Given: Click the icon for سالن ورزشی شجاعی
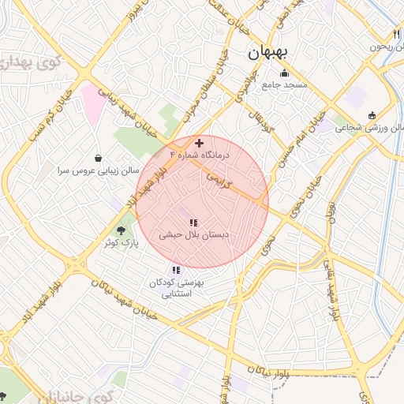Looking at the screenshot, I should [372, 116].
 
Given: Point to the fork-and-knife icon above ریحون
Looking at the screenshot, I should [396, 34].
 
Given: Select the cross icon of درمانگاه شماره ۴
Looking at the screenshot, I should [199, 144].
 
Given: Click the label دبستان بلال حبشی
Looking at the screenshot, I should [193, 235].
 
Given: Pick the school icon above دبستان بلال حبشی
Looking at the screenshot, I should [193, 223].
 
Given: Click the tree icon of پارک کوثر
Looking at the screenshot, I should [121, 231].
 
